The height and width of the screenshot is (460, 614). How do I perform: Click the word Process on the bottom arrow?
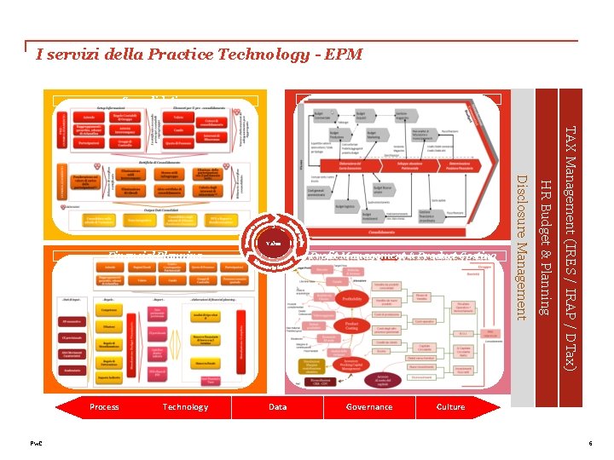tap(104, 407)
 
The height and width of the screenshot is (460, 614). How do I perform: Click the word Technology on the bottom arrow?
tap(185, 407)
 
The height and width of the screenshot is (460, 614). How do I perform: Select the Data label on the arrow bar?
tap(278, 407)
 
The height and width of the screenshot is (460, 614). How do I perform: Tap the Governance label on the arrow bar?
tap(369, 407)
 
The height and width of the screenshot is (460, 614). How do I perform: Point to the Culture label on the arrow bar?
tap(450, 407)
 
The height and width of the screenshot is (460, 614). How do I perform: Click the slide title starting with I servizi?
tap(200, 55)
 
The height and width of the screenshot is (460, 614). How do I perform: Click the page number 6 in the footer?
tap(589, 444)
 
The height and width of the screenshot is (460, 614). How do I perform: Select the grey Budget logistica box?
tap(342, 206)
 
